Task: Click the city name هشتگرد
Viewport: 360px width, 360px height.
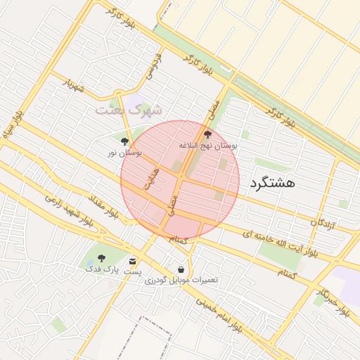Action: (x=271, y=182)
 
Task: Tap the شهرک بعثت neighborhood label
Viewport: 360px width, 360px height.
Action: (x=129, y=110)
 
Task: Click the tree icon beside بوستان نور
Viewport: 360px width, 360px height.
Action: (x=124, y=141)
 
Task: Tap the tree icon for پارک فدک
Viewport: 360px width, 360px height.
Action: (x=101, y=258)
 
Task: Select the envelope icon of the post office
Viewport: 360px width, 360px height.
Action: (x=133, y=261)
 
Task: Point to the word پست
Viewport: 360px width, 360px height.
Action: (x=133, y=271)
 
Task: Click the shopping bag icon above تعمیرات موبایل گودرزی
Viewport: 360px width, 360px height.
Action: (x=181, y=269)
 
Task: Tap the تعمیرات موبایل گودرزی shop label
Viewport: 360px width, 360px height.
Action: (x=181, y=280)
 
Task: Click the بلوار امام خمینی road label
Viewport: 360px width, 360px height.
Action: (x=218, y=316)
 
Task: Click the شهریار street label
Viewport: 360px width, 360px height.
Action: (x=72, y=86)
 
